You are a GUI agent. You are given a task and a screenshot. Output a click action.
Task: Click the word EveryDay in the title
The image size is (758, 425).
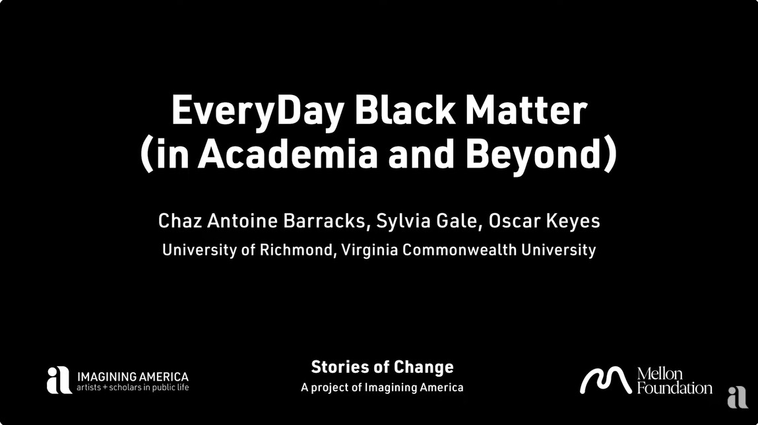coord(258,112)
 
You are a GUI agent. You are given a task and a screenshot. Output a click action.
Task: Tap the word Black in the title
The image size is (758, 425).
coord(405,110)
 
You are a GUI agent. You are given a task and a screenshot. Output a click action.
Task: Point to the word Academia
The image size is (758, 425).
coord(288,153)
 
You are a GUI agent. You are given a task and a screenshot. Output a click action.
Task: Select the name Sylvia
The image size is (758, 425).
coord(404,221)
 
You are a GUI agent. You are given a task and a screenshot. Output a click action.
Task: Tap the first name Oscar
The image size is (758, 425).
coord(515,221)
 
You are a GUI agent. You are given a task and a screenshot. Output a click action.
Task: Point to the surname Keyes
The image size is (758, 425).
coord(573,222)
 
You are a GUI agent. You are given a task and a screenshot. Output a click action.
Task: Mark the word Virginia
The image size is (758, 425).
coord(370,250)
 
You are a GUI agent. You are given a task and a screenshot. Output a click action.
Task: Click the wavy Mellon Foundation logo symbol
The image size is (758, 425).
coord(606,380)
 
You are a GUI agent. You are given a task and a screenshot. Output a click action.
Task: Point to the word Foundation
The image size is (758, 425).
coord(674,388)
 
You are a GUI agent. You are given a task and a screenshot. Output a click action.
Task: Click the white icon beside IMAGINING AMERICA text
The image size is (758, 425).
coord(59,380)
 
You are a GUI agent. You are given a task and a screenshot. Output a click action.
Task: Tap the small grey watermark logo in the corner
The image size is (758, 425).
coord(738,397)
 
